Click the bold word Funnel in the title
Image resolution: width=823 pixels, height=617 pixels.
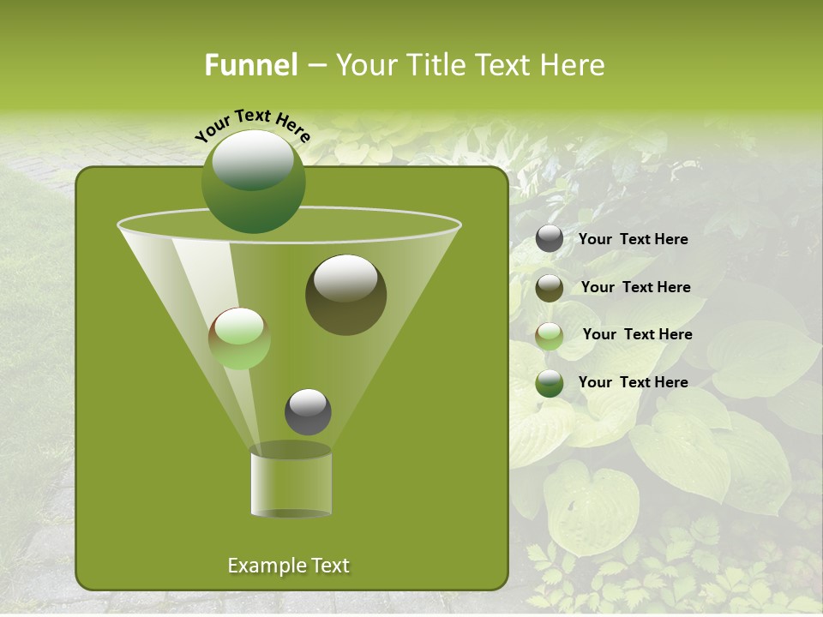[x=250, y=65]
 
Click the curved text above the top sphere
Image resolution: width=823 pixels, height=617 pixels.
[x=252, y=125]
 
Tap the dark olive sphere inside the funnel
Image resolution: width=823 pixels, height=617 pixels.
[x=346, y=296]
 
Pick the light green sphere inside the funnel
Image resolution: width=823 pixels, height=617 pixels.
[x=239, y=339]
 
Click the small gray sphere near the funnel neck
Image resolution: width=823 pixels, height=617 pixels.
[x=308, y=412]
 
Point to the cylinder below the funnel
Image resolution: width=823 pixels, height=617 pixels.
[x=291, y=482]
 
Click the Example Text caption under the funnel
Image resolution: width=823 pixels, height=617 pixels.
[x=288, y=566]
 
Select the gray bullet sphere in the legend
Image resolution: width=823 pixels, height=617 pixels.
[x=550, y=239]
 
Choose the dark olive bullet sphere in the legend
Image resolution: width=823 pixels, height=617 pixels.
[x=550, y=288]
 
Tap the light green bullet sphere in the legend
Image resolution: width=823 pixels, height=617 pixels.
[x=550, y=336]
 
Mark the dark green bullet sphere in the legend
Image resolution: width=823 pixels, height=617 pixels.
[x=550, y=383]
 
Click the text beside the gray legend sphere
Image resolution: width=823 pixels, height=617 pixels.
[x=633, y=240]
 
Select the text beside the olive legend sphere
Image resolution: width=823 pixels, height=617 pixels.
[x=635, y=288]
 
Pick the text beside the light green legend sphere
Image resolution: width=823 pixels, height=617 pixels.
[x=637, y=335]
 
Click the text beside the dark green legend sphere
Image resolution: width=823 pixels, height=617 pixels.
[x=633, y=382]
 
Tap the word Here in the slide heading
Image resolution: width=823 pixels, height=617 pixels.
[x=574, y=65]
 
